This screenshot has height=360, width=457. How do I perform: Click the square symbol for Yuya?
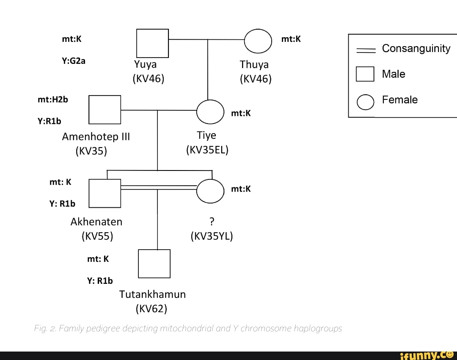pyautogui.click(x=152, y=43)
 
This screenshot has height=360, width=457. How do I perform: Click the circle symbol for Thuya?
pyautogui.click(x=258, y=40)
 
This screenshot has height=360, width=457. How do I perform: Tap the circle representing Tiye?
pyautogui.click(x=210, y=112)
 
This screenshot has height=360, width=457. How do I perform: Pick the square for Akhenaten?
pyautogui.click(x=105, y=193)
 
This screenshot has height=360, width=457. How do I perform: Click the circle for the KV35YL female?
pyautogui.click(x=210, y=191)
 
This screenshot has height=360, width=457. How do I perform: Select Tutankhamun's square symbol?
pyautogui.click(x=154, y=264)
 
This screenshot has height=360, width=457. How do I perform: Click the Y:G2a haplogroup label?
pyautogui.click(x=74, y=60)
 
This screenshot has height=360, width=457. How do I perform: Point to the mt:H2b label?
pyautogui.click(x=52, y=99)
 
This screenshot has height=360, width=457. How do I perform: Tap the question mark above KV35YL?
pyautogui.click(x=212, y=221)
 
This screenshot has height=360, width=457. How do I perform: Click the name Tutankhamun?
pyautogui.click(x=152, y=294)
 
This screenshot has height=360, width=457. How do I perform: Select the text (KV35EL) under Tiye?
pyautogui.click(x=207, y=150)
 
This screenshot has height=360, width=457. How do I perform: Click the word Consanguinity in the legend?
pyautogui.click(x=416, y=48)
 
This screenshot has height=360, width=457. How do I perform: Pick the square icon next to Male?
pyautogui.click(x=365, y=74)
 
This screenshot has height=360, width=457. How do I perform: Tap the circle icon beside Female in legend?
pyautogui.click(x=365, y=102)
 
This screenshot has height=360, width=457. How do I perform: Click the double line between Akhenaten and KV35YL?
pyautogui.click(x=159, y=187)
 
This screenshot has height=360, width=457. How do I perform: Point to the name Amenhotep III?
pyautogui.click(x=96, y=137)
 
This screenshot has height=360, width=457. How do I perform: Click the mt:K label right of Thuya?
pyautogui.click(x=291, y=39)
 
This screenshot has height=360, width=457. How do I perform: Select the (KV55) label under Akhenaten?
pyautogui.click(x=97, y=236)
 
